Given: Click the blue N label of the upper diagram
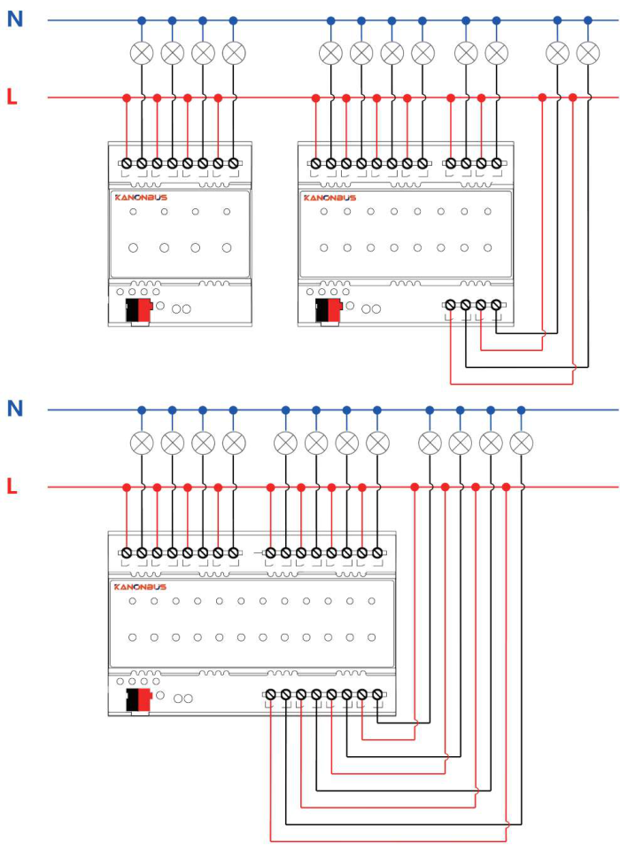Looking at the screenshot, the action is pyautogui.click(x=15, y=19).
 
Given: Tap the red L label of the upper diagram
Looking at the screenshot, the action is pyautogui.click(x=12, y=98).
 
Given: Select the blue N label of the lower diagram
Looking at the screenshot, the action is pyautogui.click(x=15, y=408).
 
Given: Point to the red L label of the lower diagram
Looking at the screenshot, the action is pyautogui.click(x=12, y=487).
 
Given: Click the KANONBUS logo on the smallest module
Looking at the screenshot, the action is pyautogui.click(x=141, y=198).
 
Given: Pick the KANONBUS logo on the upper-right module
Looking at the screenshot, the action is pyautogui.click(x=329, y=198).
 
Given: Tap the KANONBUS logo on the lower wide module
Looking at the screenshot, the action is pyautogui.click(x=141, y=587).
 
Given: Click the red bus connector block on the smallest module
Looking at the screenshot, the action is pyautogui.click(x=144, y=310).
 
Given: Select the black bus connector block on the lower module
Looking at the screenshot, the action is pyautogui.click(x=132, y=700).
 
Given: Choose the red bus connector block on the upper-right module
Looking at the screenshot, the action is pyautogui.click(x=334, y=310).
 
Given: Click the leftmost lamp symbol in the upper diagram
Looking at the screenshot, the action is pyautogui.click(x=142, y=53).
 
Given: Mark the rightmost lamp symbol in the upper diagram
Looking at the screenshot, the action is pyautogui.click(x=588, y=53).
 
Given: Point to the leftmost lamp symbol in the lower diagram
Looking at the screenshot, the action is pyautogui.click(x=142, y=443).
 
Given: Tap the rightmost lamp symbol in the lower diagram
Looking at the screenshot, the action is pyautogui.click(x=522, y=443).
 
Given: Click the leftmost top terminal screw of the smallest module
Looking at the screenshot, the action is pyautogui.click(x=127, y=163).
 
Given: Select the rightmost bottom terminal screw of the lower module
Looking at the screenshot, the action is pyautogui.click(x=377, y=694).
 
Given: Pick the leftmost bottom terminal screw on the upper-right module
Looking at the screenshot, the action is pyautogui.click(x=450, y=305).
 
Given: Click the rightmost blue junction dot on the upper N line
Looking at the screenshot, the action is pyautogui.click(x=588, y=20).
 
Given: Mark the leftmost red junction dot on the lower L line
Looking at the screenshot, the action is pyautogui.click(x=127, y=488).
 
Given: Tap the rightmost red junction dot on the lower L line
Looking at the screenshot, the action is pyautogui.click(x=506, y=488).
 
